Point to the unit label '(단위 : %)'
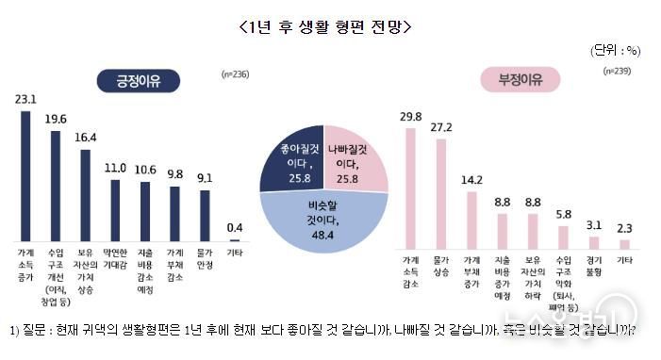(x=617, y=49)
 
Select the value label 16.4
(x=85, y=137)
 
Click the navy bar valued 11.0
(x=115, y=209)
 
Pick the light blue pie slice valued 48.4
(x=323, y=220)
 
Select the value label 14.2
(x=471, y=178)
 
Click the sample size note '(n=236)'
(x=236, y=73)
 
